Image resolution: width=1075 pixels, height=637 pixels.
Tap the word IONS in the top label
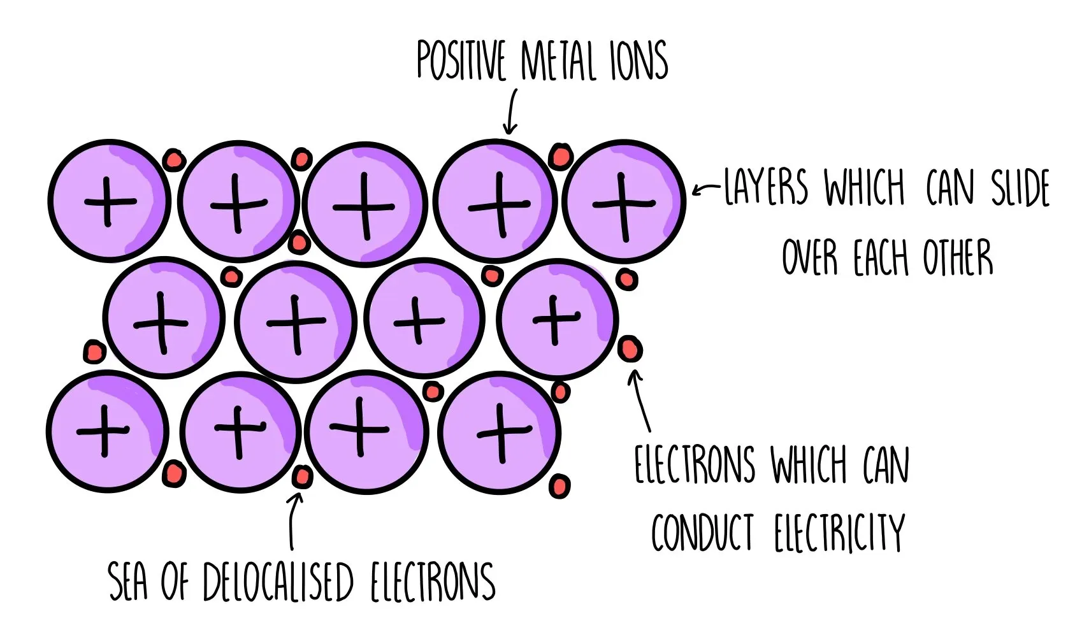click(x=639, y=61)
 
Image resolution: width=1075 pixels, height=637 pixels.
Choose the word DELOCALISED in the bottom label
click(x=278, y=582)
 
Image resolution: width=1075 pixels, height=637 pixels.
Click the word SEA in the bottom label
click(x=127, y=582)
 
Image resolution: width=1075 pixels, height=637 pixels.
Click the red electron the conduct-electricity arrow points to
click(x=630, y=349)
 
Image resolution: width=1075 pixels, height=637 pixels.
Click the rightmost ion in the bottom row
click(x=500, y=433)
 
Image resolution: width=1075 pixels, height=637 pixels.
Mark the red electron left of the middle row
click(x=94, y=351)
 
